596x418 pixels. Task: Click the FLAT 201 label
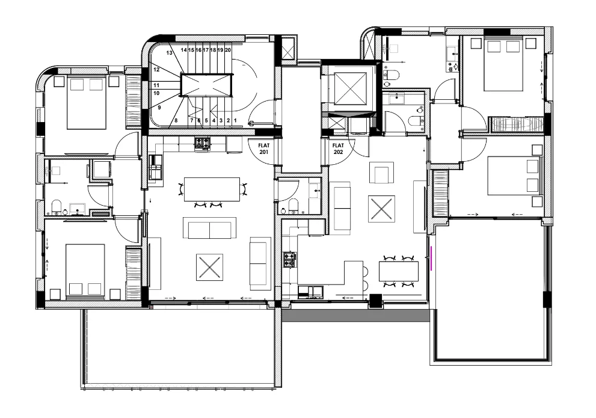pyautogui.click(x=264, y=149)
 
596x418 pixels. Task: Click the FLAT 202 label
pyautogui.click(x=338, y=149)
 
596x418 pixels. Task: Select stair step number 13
pyautogui.click(x=169, y=53)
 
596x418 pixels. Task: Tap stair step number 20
pyautogui.click(x=228, y=50)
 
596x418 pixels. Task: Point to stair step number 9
pyautogui.click(x=159, y=108)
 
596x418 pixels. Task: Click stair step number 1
pyautogui.click(x=236, y=120)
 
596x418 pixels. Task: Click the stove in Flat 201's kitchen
pyautogui.click(x=203, y=143)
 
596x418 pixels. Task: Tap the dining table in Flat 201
pyautogui.click(x=212, y=189)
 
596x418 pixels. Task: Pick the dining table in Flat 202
pyautogui.click(x=399, y=271)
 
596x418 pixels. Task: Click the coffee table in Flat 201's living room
pyautogui.click(x=209, y=267)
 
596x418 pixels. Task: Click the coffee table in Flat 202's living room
pyautogui.click(x=381, y=209)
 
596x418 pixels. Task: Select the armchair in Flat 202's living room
pyautogui.click(x=382, y=173)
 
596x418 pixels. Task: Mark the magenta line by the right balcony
pyautogui.click(x=431, y=258)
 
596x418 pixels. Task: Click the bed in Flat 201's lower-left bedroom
pyautogui.click(x=85, y=270)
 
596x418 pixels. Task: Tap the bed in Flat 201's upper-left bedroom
pyautogui.click(x=86, y=103)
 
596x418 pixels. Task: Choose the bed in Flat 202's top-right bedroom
pyautogui.click(x=503, y=64)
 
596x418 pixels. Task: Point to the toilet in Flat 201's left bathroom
pyautogui.click(x=56, y=206)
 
